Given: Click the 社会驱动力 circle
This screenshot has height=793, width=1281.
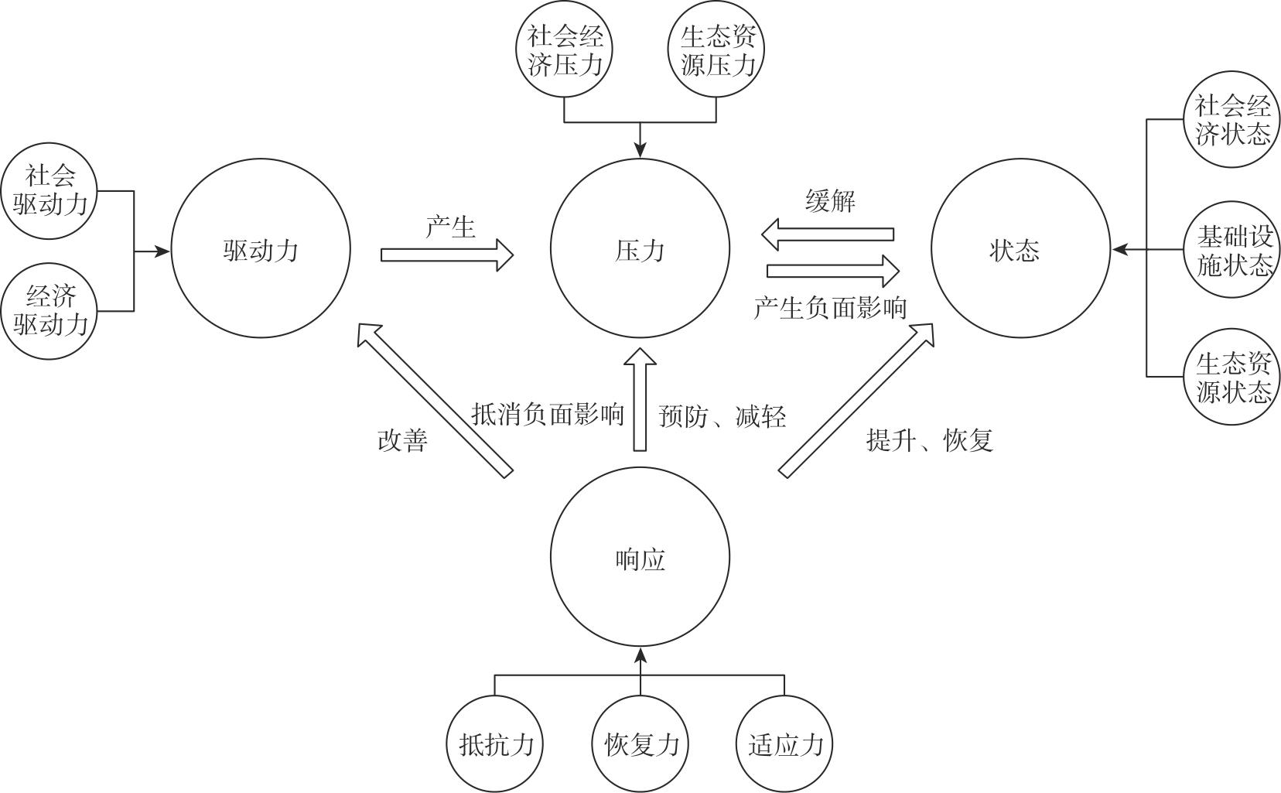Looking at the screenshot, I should click(50, 190).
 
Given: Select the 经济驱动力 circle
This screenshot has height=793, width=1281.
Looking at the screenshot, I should click(50, 311).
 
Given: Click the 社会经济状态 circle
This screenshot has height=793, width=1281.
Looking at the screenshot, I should click(1231, 119).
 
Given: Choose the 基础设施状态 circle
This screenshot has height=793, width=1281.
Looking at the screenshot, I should click(1231, 250).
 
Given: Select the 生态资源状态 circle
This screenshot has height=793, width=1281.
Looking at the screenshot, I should click(1231, 377).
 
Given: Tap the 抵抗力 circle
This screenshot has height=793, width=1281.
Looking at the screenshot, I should click(495, 744).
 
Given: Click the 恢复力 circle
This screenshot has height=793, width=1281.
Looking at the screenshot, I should click(640, 744).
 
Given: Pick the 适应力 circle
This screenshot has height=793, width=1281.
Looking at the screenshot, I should click(784, 744).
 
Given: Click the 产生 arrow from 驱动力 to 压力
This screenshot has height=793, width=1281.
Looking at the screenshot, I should click(447, 255).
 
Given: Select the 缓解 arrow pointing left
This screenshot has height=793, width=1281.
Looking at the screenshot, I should click(828, 234).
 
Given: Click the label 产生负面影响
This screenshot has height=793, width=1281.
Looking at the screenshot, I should click(829, 308).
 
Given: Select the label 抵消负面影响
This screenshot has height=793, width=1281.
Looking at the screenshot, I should click(548, 415).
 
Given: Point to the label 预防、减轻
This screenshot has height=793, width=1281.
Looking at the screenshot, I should click(722, 416).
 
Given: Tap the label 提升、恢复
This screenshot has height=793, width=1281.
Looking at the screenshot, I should click(929, 440).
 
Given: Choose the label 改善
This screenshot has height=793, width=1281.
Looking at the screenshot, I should click(402, 440).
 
